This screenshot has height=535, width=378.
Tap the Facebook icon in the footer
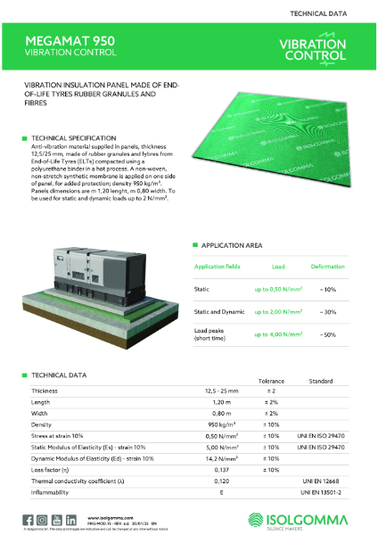click(x=29, y=519)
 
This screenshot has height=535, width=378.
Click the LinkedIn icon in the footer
click(x=68, y=519)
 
